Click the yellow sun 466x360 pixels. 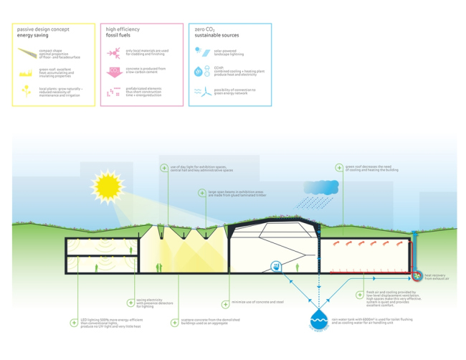pyautogui.click(x=109, y=186)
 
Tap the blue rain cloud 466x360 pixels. pyautogui.click(x=320, y=187)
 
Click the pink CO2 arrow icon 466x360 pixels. pyautogui.click(x=113, y=72)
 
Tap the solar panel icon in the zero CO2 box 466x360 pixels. pyautogui.click(x=199, y=52)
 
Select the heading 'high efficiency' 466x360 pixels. pyautogui.click(x=123, y=29)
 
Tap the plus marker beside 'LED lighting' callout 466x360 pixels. pyautogui.click(x=74, y=323)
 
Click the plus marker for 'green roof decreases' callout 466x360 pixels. pyautogui.click(x=339, y=168)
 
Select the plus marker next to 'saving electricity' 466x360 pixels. pyautogui.click(x=130, y=303)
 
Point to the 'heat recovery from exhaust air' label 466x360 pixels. pyautogui.click(x=437, y=276)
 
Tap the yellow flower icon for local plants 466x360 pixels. pyautogui.click(x=25, y=90)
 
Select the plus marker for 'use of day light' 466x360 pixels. pyautogui.click(x=164, y=168)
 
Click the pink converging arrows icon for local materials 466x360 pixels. pyautogui.click(x=113, y=52)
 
